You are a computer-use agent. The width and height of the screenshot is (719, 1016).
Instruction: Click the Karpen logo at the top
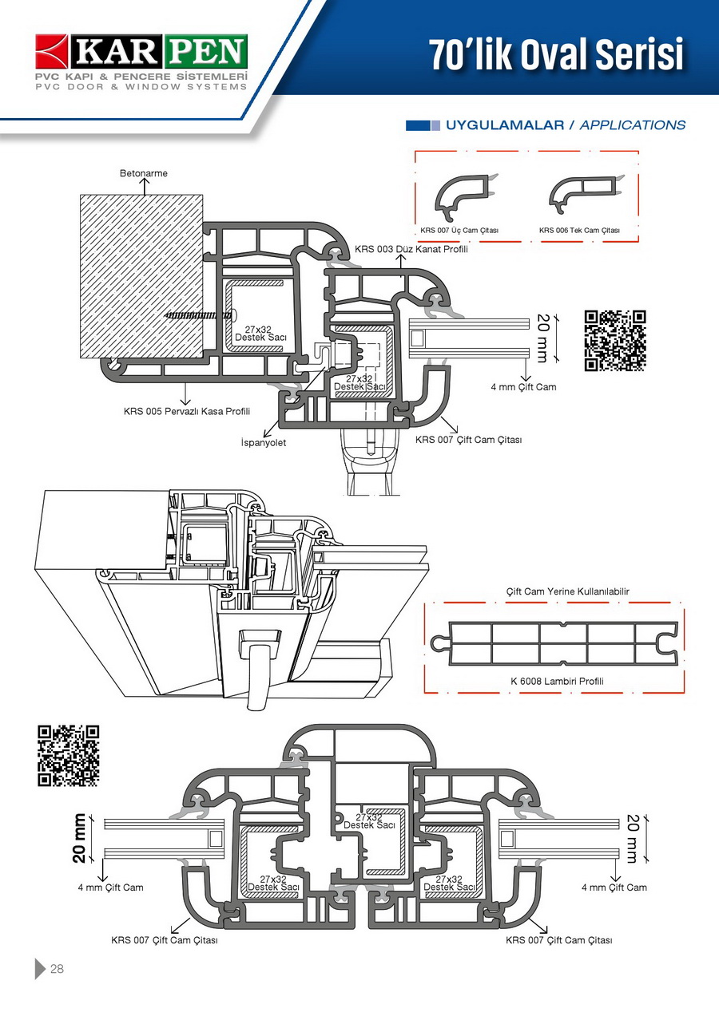[141, 61]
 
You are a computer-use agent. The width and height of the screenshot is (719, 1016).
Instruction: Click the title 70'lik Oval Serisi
[557, 54]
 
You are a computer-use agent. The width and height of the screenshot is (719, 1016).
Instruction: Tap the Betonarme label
[144, 173]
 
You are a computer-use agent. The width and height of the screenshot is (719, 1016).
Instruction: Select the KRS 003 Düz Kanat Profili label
[411, 249]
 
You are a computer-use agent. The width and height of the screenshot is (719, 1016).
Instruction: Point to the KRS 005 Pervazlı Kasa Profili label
[187, 412]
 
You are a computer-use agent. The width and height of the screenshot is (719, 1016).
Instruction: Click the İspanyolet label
[263, 442]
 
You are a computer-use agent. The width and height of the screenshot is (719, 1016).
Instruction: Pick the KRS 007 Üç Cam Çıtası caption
[459, 231]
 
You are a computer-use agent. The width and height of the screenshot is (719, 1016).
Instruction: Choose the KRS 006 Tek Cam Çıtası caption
[579, 231]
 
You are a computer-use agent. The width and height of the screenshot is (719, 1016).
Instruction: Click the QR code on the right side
[615, 341]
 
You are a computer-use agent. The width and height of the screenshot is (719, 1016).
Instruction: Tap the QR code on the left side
[69, 755]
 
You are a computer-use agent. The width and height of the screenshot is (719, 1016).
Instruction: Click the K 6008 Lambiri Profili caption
[557, 682]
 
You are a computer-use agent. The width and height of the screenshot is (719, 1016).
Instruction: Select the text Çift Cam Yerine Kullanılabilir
[557, 591]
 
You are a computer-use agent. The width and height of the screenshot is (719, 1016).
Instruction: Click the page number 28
[57, 969]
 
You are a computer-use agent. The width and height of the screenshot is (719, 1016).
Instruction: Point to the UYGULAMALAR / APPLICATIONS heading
[566, 125]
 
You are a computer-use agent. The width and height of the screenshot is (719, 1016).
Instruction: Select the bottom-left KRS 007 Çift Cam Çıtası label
[165, 940]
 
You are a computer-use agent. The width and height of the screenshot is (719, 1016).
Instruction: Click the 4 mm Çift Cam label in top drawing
[523, 387]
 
